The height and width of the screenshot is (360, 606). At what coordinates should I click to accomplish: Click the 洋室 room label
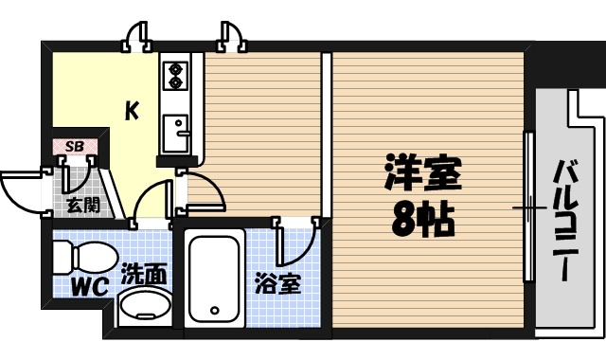[422, 175]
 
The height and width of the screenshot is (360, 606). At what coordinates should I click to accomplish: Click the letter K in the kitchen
[133, 112]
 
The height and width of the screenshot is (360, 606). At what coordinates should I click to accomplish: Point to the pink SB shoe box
[74, 146]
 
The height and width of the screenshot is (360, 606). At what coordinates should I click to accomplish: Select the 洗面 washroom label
[144, 276]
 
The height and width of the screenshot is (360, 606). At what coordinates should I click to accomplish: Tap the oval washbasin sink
[144, 307]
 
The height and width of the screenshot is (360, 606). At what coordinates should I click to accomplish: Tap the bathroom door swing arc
[297, 243]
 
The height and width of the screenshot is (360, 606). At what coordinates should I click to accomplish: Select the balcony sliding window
[528, 207]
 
